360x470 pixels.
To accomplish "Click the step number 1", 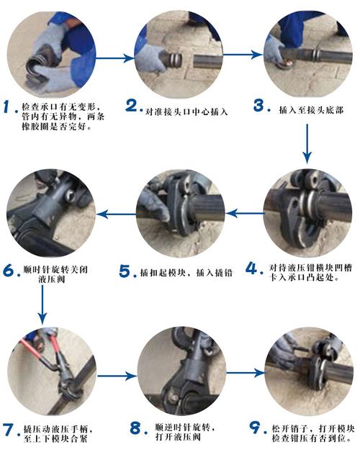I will click(10, 108).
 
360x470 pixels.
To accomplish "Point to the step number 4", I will click(252, 268).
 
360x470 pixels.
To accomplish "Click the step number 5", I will click(126, 271).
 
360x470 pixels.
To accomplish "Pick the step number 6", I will click(10, 271).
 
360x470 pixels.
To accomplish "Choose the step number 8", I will click(136, 429).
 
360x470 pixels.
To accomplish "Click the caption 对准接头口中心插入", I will click(187, 112).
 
